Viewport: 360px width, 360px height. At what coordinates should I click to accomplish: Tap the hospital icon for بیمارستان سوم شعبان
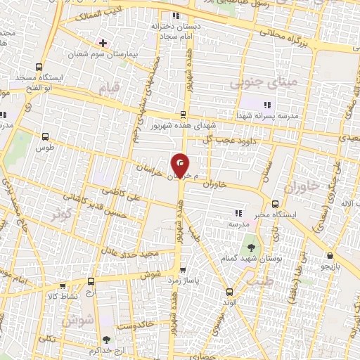[103, 43]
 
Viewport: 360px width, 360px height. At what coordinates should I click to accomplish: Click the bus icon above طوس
[46, 137]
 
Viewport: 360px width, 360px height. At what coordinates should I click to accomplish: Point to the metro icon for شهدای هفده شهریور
[184, 114]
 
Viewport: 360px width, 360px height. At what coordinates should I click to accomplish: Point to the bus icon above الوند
[229, 292]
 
